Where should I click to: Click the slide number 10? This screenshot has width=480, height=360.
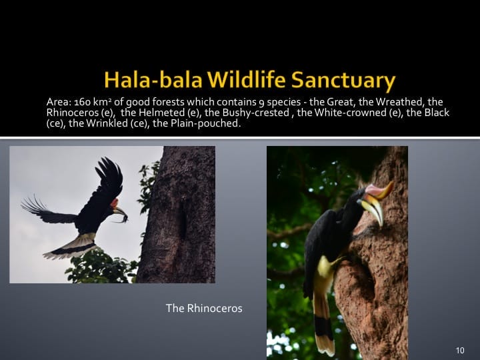pos(460,351)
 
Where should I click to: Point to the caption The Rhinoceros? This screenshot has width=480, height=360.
pos(204,308)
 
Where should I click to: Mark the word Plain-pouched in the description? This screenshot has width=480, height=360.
pos(205,123)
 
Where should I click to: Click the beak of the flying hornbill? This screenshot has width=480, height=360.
pos(120,213)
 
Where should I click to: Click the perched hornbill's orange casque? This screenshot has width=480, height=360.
pos(380,191)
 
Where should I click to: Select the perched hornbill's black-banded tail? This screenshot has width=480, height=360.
pos(323,327)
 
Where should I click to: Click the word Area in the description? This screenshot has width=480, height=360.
pos(58,102)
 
